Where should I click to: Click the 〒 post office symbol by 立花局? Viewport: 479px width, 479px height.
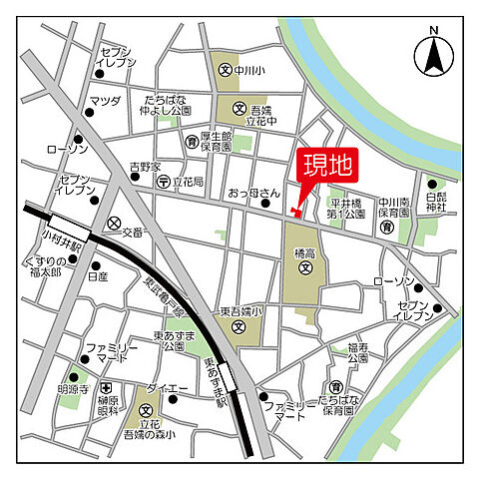164,183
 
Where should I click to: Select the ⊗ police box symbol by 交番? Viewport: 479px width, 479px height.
115,223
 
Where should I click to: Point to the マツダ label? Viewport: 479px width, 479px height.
105,101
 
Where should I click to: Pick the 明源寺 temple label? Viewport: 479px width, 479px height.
74,390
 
